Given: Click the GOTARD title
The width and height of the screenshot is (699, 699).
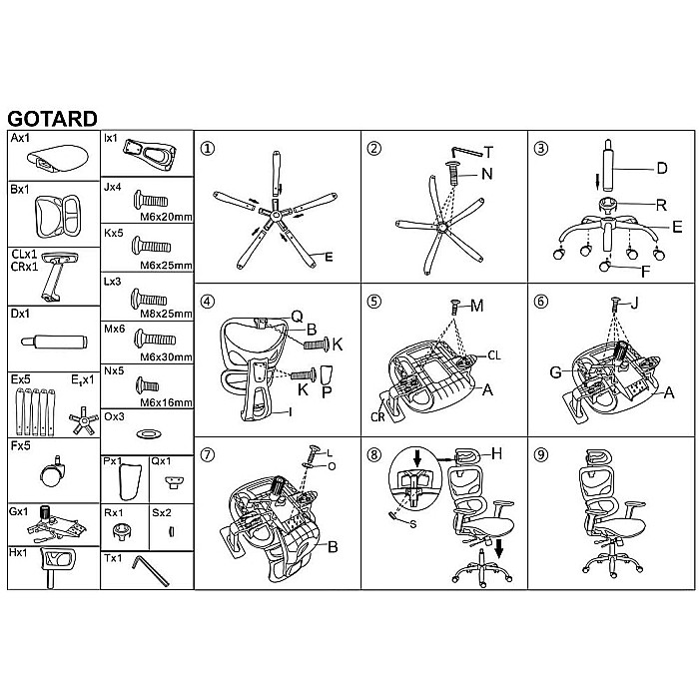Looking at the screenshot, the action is click(x=52, y=119).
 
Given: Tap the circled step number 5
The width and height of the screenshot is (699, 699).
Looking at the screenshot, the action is click(x=373, y=302).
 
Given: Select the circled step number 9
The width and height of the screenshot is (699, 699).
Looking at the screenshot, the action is click(x=541, y=454).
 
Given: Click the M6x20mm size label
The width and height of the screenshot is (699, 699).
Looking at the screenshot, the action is click(x=167, y=217).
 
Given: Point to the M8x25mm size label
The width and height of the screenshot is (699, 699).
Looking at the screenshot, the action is click(x=166, y=314).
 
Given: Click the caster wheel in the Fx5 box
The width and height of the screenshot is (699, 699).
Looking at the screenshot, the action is click(x=54, y=472).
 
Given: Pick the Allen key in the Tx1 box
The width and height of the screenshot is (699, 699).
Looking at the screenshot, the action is click(x=150, y=570).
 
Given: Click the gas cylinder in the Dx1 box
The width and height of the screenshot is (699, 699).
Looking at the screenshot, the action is click(x=54, y=342).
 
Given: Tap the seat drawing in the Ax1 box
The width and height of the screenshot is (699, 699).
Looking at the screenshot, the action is click(x=57, y=158).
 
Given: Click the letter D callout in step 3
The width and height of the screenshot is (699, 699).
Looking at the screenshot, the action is click(x=662, y=169).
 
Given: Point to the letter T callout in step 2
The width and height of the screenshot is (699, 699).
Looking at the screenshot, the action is click(x=489, y=153).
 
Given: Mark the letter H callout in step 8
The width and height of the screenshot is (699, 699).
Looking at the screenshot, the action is click(x=496, y=453).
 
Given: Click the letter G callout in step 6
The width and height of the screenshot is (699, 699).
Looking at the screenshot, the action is click(x=556, y=371).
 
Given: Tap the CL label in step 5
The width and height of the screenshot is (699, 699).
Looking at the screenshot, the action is click(x=494, y=355).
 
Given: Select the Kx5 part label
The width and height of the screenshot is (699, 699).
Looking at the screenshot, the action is click(x=113, y=233).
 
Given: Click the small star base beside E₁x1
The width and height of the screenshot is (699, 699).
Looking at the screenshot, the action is click(x=83, y=420).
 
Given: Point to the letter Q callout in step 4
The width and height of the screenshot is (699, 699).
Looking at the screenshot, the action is click(x=297, y=317).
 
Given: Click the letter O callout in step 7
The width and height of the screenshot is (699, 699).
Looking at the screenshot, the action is click(x=332, y=466).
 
